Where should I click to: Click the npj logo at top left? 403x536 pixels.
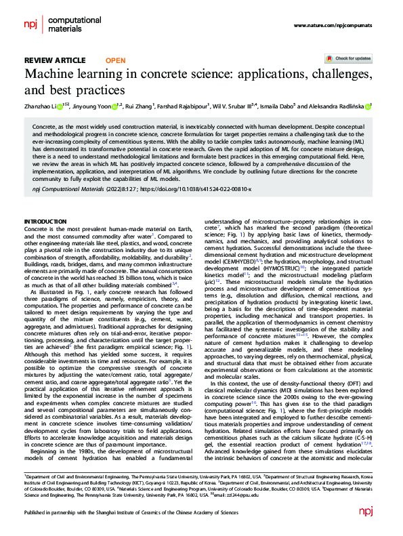point(32,25)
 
